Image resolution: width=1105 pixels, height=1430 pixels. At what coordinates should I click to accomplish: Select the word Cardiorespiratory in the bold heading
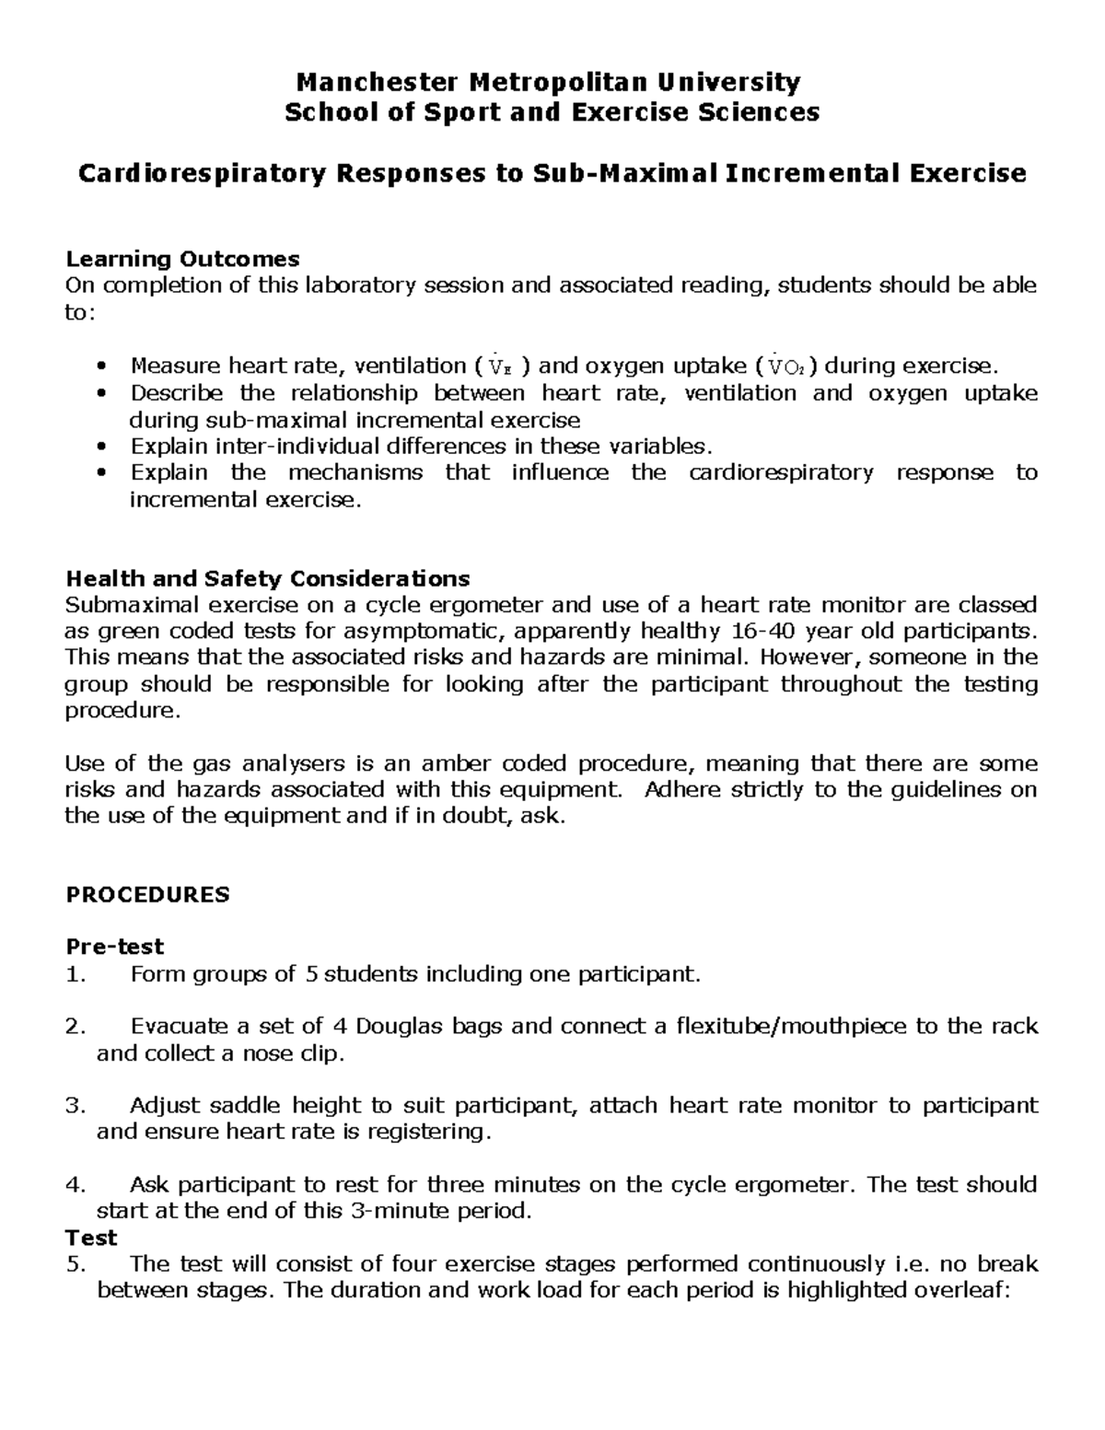coord(202,173)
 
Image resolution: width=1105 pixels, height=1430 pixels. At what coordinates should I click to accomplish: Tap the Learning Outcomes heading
coord(182,259)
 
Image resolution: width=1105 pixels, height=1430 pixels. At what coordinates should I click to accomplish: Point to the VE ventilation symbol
coord(497,367)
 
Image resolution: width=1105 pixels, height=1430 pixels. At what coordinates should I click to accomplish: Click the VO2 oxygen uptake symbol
coord(788,367)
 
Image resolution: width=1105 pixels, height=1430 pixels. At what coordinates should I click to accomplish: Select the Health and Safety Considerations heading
coord(267,578)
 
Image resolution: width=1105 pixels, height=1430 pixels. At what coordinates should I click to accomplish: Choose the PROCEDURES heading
coord(147,895)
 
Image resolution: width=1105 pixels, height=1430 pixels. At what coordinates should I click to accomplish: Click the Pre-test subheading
coord(114,947)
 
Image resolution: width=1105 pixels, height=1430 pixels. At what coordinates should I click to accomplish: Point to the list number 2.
coord(75,1027)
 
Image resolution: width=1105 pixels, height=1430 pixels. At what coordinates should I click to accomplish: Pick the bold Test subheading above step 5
coord(91,1238)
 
